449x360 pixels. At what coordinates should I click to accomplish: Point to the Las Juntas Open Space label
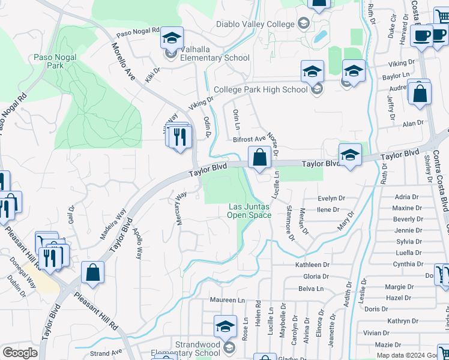click(x=250, y=211)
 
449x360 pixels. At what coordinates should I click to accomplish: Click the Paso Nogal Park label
click(x=49, y=62)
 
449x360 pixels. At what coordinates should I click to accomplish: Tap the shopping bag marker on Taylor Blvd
click(x=259, y=158)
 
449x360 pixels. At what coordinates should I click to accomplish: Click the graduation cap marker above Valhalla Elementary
click(x=172, y=39)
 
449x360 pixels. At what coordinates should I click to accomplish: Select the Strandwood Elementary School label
click(x=191, y=349)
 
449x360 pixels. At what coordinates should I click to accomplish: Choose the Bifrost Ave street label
click(x=249, y=139)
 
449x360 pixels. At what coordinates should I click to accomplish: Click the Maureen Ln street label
click(x=228, y=299)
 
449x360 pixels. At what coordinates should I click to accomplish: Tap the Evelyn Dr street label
click(x=331, y=199)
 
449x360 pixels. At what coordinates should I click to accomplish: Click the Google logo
click(x=20, y=353)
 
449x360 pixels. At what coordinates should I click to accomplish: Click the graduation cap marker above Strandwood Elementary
click(x=225, y=326)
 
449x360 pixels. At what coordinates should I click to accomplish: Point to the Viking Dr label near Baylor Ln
click(x=401, y=63)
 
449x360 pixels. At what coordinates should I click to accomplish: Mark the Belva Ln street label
click(x=310, y=289)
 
